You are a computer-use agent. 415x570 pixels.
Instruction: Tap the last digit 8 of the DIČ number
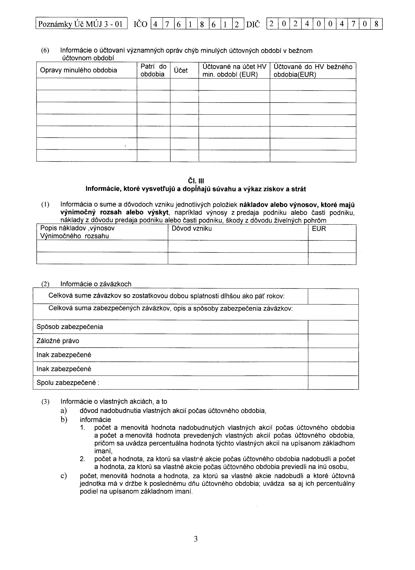(376, 24)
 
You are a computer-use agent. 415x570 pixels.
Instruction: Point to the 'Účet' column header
(181, 70)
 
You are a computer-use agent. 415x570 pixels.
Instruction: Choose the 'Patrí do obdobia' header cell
(153, 70)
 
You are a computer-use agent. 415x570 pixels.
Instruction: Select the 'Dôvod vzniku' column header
(192, 228)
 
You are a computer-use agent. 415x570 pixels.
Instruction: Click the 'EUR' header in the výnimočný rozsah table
(319, 229)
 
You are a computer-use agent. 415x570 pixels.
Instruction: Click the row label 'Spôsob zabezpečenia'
(70, 327)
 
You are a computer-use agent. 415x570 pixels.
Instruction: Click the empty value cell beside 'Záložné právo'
(333, 341)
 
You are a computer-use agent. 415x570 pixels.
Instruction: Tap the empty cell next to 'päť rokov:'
(333, 296)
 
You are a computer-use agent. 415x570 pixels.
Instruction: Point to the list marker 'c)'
(64, 476)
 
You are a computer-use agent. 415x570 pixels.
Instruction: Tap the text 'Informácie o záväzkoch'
(96, 284)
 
